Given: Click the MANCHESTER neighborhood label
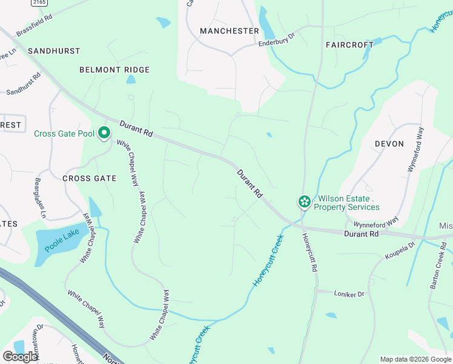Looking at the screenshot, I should point(229,31).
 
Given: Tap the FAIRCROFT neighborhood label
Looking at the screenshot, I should point(349,45).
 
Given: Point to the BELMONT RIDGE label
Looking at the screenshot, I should point(114,70).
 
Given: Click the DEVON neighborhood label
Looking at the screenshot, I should point(389,144).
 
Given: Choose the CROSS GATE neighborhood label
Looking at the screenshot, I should point(89,178).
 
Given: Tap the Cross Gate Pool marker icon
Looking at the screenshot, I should point(104,132).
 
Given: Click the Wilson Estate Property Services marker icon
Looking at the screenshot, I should point(304,201).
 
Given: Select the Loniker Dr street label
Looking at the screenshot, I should point(349,294).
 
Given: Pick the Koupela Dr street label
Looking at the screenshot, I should point(399,251).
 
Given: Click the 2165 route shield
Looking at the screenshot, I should point(39,3).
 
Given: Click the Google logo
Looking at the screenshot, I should point(21,356).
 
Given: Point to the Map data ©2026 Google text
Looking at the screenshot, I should point(415,359).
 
